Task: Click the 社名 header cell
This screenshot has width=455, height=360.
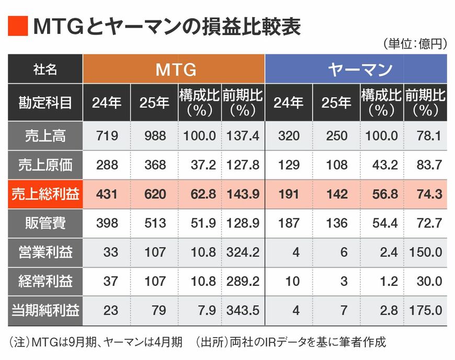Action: click(45, 69)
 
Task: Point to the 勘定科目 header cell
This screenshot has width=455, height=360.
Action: click(45, 102)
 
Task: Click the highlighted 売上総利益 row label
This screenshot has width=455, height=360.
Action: click(45, 194)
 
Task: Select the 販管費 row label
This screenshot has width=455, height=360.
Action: click(45, 224)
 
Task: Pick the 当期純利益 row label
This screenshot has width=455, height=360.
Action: click(45, 311)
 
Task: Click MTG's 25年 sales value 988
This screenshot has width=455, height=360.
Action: click(154, 136)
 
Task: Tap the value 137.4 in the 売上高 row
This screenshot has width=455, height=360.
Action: click(243, 136)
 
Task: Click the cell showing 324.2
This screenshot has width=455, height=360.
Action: click(243, 253)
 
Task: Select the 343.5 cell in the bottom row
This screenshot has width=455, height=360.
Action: click(243, 311)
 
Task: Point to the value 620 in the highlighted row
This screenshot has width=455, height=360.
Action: click(154, 194)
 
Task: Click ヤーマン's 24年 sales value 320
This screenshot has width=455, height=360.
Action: click(289, 136)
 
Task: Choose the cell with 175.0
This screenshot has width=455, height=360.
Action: click(426, 311)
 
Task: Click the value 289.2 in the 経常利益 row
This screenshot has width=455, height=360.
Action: click(243, 282)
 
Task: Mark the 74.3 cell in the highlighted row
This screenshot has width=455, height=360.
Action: click(426, 194)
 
